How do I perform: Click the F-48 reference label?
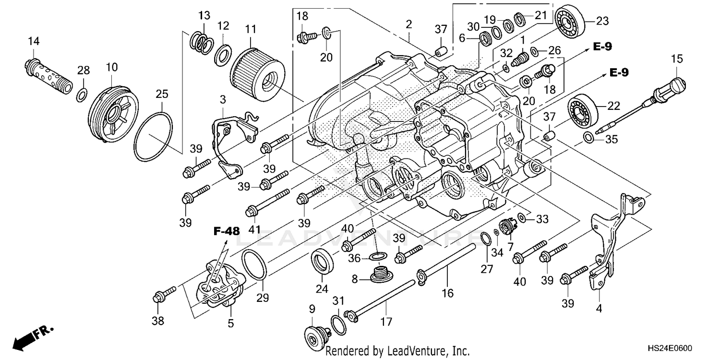point(226,231)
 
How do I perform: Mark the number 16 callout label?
point(447,293)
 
